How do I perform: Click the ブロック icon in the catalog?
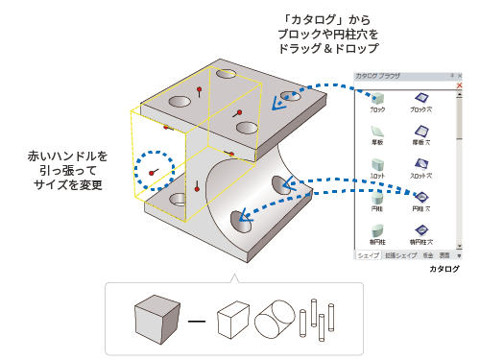coord(377,98)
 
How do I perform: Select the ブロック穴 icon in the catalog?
coord(420,98)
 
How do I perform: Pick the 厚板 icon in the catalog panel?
coord(377,131)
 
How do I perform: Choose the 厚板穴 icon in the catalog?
coord(420,131)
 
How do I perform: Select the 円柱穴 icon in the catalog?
coord(420,196)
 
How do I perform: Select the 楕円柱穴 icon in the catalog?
coord(420,228)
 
